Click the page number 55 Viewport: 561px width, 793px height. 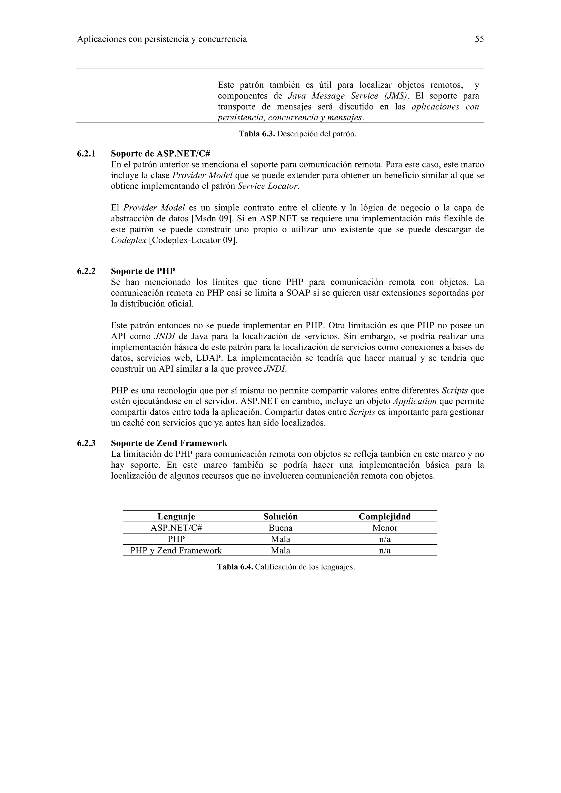[479, 39]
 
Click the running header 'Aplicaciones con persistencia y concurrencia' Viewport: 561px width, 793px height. [162, 39]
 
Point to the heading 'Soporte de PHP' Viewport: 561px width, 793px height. [143, 271]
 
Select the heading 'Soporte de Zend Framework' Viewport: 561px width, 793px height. [169, 443]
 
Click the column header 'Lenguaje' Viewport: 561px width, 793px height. [176, 517]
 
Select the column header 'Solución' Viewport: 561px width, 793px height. [280, 517]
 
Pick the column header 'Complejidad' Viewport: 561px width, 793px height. [385, 517]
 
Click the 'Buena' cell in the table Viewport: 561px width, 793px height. [280, 528]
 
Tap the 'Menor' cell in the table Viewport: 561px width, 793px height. [385, 528]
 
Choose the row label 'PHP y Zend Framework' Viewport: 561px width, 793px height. [176, 551]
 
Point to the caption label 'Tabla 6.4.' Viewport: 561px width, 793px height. [235, 567]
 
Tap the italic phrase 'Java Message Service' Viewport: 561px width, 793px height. [333, 96]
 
